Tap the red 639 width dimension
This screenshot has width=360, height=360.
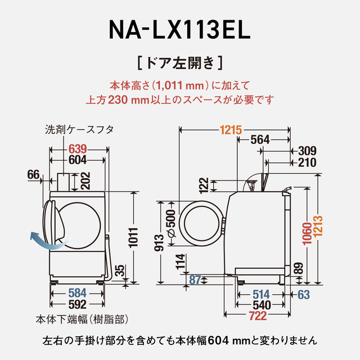(x=78, y=150)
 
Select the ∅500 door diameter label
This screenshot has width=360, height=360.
(x=171, y=223)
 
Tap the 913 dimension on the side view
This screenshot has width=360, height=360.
(x=160, y=242)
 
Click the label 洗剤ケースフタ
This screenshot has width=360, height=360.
(x=79, y=129)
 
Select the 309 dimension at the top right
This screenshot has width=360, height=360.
(x=307, y=150)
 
